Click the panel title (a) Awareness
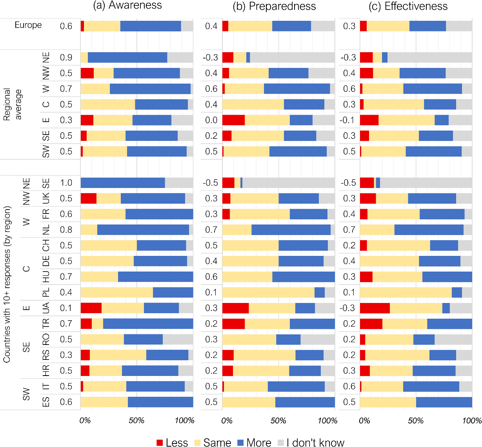pos(127,5)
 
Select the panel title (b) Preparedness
pos(274,6)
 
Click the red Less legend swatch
pos(160,443)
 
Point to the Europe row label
pos(28,25)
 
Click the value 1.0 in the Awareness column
pos(66,183)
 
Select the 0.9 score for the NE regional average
pos(66,58)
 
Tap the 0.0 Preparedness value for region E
pos(211,120)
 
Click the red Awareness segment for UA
pos(91,308)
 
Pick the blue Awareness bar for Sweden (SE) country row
pos(123,183)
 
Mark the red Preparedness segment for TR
pos(233,324)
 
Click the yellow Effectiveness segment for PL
pos(406,292)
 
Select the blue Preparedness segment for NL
pos(291,230)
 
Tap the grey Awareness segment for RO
pos(178,339)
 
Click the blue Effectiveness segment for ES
pos(444,402)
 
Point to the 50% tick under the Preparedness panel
pos(278,421)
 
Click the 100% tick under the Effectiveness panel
pos(472,421)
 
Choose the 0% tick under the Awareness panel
pos(85,421)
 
